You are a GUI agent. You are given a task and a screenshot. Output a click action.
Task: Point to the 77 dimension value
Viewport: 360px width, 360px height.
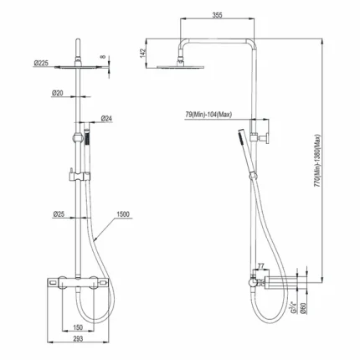tap(261, 266)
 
